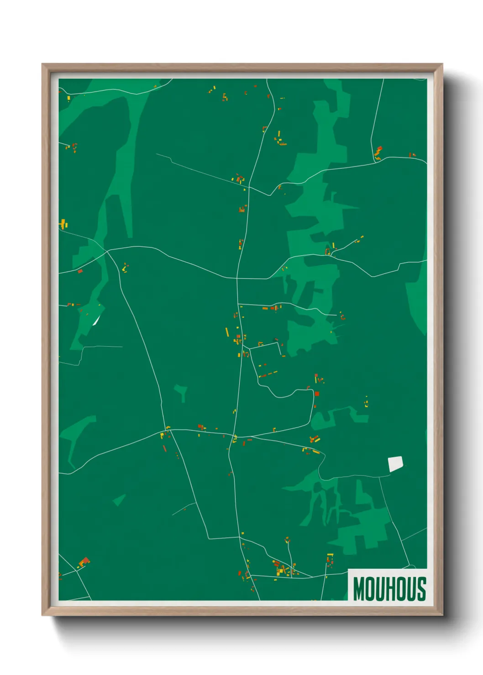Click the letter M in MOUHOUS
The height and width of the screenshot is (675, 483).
(359, 589)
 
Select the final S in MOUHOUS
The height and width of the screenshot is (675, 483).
(421, 589)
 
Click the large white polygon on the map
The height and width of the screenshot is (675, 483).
(395, 464)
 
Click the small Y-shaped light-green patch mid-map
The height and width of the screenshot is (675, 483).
(181, 391)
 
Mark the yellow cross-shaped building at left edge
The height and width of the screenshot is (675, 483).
(63, 224)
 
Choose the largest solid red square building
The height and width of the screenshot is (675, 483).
(317, 394)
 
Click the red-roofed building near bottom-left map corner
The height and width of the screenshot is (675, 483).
(84, 561)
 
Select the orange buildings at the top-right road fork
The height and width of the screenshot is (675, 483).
(378, 152)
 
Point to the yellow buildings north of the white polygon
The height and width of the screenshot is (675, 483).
(366, 402)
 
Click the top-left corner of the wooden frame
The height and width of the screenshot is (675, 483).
(42, 64)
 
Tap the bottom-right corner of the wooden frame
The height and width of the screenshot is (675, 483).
(442, 615)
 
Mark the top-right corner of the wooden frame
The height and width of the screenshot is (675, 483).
(442, 64)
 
